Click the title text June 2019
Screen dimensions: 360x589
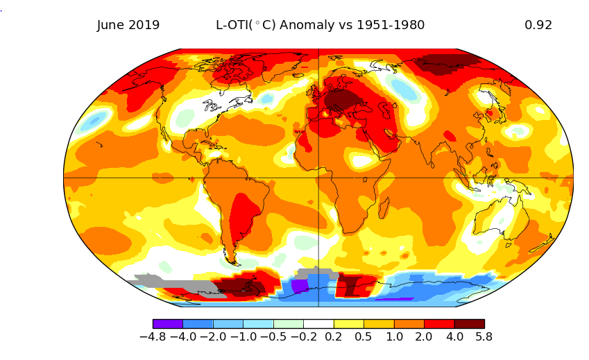(x=128, y=25)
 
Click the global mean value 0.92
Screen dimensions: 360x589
(x=538, y=25)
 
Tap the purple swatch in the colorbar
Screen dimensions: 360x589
(x=167, y=323)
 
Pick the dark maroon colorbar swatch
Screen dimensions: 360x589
(x=469, y=323)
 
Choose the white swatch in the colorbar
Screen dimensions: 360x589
(x=318, y=323)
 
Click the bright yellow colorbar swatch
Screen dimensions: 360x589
(x=348, y=323)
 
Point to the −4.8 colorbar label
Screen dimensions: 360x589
(x=153, y=337)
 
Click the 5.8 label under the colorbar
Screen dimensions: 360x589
(x=484, y=337)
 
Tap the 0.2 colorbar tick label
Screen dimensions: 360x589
(x=334, y=337)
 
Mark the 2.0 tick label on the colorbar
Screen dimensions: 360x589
(x=424, y=337)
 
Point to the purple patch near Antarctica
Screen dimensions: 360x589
(x=300, y=286)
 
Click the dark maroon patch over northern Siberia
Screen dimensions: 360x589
(x=444, y=65)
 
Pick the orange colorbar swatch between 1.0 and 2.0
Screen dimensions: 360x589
(x=409, y=323)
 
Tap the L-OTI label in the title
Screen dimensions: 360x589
(x=233, y=25)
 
